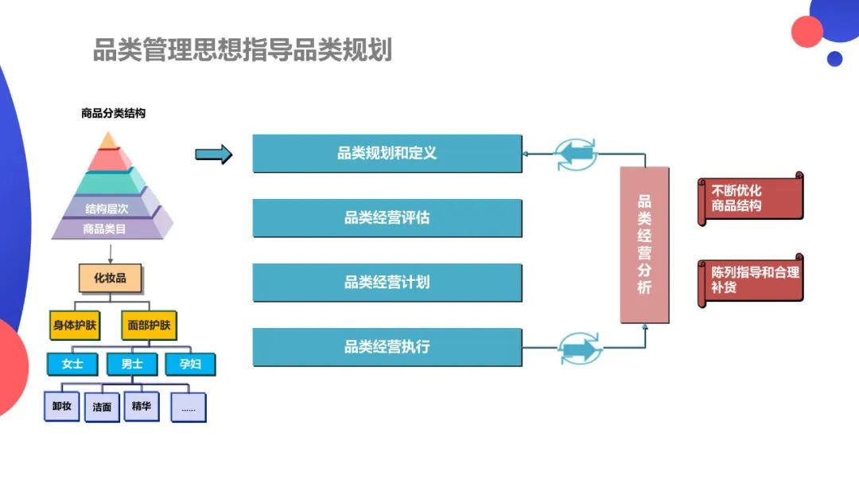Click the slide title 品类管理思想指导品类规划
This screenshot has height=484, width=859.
coord(243,50)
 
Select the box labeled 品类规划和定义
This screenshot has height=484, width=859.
coord(387,153)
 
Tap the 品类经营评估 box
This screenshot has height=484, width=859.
coord(387,217)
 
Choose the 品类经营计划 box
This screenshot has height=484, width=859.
coord(387,283)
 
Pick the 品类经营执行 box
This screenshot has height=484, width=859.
coord(387,347)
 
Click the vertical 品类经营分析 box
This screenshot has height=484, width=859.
coord(644,244)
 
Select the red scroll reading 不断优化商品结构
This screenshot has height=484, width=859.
coord(750,198)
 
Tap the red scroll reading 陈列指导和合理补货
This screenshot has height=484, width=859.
coord(750,279)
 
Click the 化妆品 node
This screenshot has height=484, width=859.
coord(111,278)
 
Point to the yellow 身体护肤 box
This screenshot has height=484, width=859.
coord(76,325)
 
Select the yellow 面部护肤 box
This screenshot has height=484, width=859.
coord(149,325)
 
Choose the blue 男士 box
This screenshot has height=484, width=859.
coord(131,364)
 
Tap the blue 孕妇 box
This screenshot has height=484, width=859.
coord(189,364)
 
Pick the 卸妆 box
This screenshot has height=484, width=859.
coord(61,407)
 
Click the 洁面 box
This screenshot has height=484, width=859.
coord(102,407)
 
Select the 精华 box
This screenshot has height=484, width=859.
coord(142,406)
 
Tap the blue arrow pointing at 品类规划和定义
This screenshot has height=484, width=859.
coord(213,154)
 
